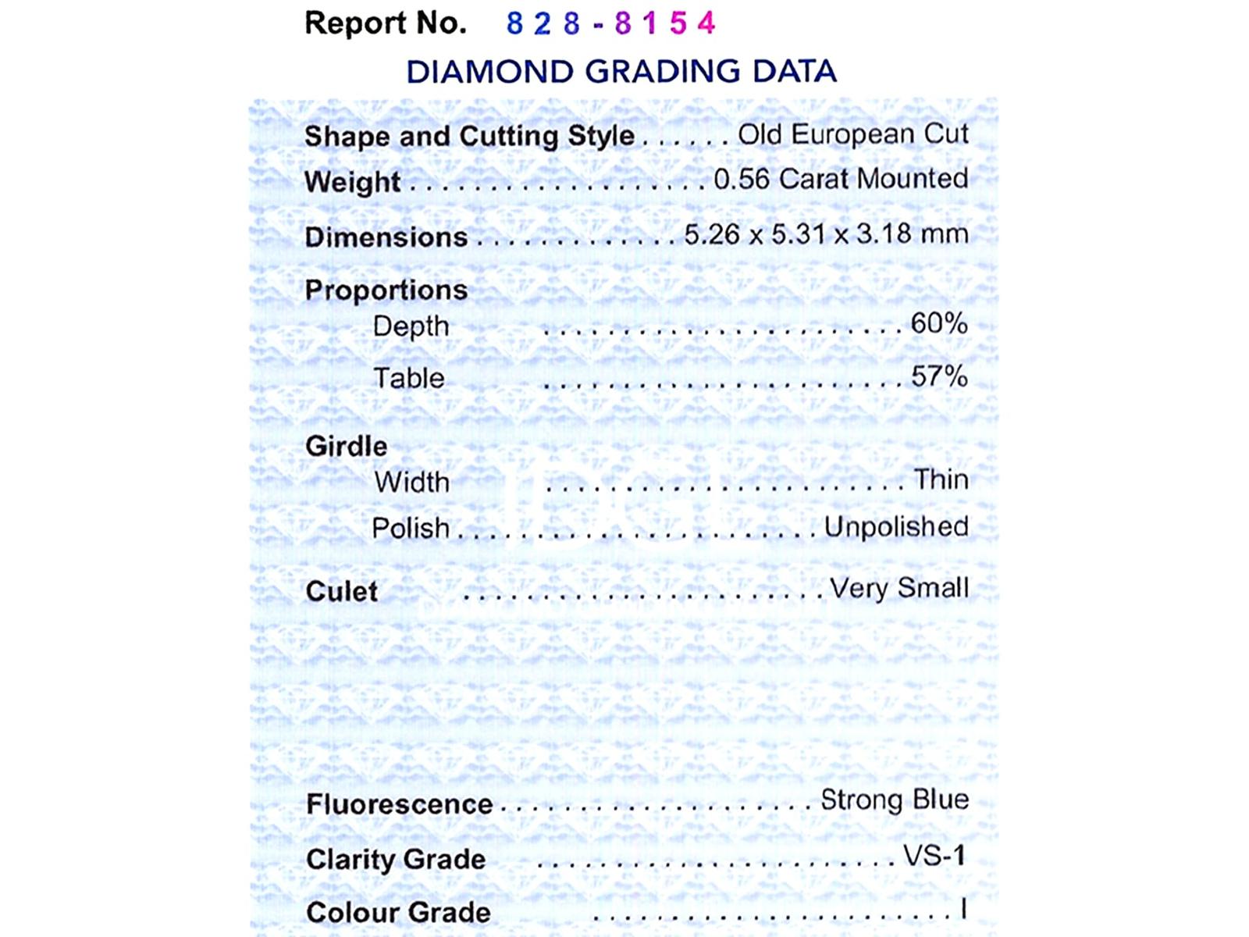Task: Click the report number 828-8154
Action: coord(610,23)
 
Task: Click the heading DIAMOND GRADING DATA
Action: coord(621,72)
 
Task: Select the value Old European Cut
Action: coord(853,134)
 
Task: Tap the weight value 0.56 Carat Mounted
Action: coord(841,179)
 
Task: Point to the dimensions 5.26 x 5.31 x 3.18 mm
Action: coord(826,234)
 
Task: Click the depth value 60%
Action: coord(939,323)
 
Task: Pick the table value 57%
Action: coord(939,376)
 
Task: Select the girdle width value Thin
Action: coord(941,479)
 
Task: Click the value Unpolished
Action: coord(896,527)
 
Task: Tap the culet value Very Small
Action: coord(898,588)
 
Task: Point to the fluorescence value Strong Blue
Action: coord(895,800)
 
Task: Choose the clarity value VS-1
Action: coord(934,856)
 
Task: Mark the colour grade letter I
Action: coord(964,909)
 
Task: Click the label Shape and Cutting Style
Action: coord(469,136)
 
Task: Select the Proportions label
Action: coord(386,290)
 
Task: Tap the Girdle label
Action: coord(346,447)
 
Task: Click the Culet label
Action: coord(341,592)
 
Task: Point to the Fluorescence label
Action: coord(399,804)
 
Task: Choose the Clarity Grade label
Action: coord(396,860)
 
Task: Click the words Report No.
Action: coord(385,23)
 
